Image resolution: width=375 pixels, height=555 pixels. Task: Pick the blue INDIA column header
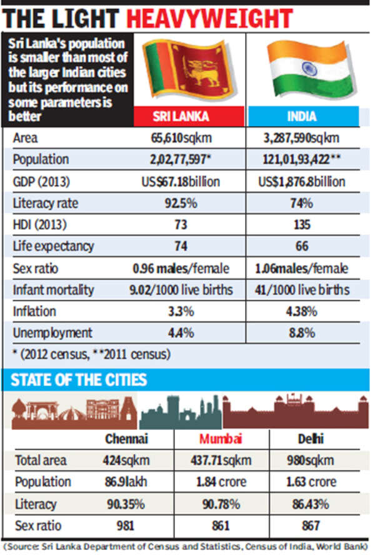pyautogui.click(x=302, y=116)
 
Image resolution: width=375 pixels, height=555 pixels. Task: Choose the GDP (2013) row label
pyautogui.click(x=41, y=182)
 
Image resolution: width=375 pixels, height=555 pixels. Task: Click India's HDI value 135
pyautogui.click(x=302, y=225)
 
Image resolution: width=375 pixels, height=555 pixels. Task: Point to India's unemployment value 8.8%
pyautogui.click(x=302, y=332)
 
